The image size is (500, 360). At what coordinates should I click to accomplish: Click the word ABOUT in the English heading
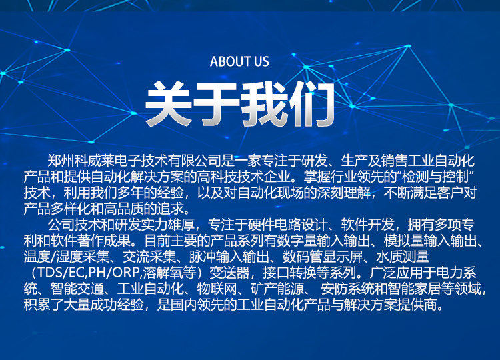point(230,61)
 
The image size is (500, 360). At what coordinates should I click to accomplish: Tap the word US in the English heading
point(261,61)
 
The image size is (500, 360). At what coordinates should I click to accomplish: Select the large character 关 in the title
point(169,104)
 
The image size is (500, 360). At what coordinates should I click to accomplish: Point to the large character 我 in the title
point(265,104)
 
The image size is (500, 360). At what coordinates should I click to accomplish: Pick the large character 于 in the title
point(217,104)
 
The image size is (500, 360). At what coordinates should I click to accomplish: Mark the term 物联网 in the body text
point(217,289)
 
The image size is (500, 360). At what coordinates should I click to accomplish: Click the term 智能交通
point(77,289)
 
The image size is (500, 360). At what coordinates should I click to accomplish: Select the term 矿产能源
point(277,289)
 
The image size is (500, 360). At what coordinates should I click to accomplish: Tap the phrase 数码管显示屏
point(323,257)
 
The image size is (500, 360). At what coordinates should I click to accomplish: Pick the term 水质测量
point(403,257)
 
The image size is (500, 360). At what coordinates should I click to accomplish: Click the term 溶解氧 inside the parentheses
point(163,273)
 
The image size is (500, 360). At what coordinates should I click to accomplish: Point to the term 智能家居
point(415,289)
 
